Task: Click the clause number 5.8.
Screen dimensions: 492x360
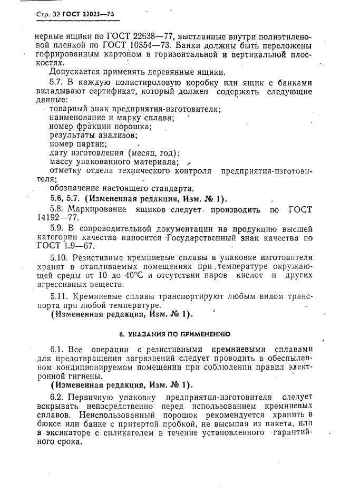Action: (59, 210)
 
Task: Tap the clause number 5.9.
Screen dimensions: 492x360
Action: (59, 229)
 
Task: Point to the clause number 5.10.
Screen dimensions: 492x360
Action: (61, 257)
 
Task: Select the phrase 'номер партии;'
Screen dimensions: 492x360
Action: (77, 143)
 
